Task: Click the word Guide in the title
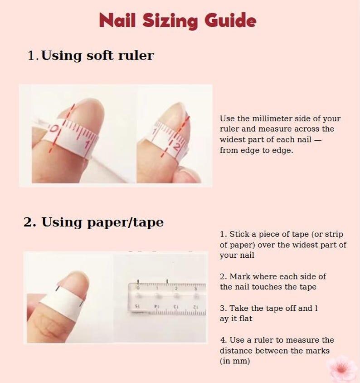[230, 20]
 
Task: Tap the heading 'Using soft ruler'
[97, 55]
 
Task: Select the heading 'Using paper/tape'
[102, 222]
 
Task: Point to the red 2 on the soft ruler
[177, 147]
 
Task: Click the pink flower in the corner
[341, 369]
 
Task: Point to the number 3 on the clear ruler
[195, 289]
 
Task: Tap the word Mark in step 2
[240, 276]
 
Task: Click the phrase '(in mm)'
[235, 361]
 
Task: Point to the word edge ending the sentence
[282, 151]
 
